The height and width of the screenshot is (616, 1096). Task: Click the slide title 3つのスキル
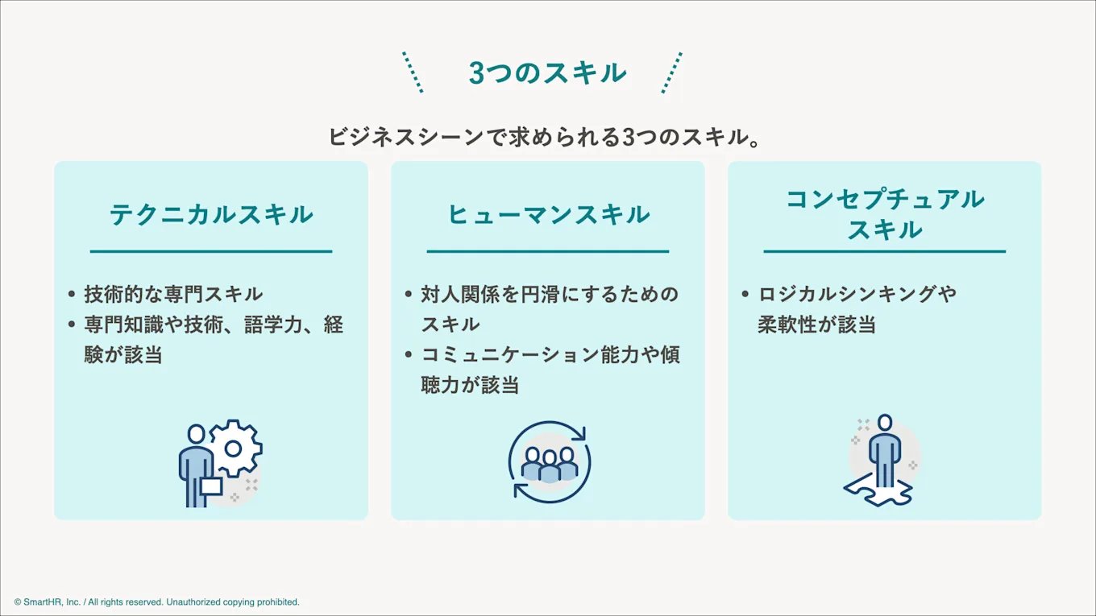tap(547, 73)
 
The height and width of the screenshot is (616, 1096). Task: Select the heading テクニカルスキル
tap(211, 214)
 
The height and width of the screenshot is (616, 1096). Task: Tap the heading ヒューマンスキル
tap(548, 214)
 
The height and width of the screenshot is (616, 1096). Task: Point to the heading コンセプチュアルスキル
tap(885, 214)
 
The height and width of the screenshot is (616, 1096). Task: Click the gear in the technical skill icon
tap(235, 448)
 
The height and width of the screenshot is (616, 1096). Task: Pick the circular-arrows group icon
tap(549, 463)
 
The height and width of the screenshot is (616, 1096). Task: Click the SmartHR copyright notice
tap(156, 602)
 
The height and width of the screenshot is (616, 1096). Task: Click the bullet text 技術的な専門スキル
tap(173, 294)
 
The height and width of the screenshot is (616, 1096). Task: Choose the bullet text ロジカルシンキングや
tap(857, 294)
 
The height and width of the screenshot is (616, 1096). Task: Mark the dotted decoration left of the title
tap(413, 72)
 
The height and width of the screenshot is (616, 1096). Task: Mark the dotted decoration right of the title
tap(672, 72)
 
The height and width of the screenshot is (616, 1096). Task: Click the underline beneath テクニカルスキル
tap(211, 251)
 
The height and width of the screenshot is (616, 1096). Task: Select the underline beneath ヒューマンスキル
tap(548, 251)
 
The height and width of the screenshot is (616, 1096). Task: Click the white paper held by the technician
tap(211, 486)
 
